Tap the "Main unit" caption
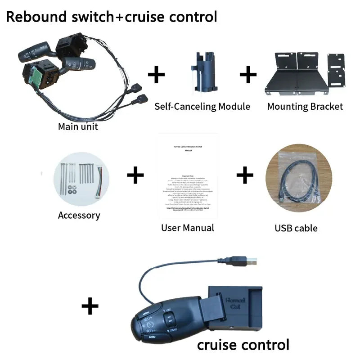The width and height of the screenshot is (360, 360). tap(78, 126)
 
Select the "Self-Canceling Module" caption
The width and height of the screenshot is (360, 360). tap(202, 107)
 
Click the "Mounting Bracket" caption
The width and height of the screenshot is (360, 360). tap(305, 107)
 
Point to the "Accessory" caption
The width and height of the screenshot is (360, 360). tap(79, 215)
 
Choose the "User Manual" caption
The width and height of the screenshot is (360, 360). tap(188, 227)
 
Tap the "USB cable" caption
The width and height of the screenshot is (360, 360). tap(296, 228)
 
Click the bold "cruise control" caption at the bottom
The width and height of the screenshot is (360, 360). tap(243, 345)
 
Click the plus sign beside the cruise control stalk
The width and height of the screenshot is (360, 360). tap(90, 307)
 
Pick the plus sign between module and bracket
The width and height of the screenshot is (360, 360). tap(248, 74)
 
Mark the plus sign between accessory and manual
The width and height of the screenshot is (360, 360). tap(135, 175)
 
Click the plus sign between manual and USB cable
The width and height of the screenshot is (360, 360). tap(245, 175)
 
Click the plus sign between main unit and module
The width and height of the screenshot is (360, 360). tap(156, 74)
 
